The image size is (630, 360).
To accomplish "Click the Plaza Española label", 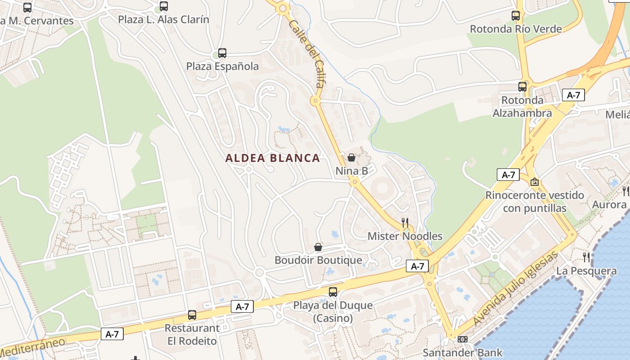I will (x=222, y=67).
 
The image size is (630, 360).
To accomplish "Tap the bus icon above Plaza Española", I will (x=222, y=53).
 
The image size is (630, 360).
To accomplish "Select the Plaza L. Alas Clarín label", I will (x=163, y=20).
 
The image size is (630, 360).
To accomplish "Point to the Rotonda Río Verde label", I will (x=516, y=29).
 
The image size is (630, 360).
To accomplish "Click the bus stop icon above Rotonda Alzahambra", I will (x=522, y=87).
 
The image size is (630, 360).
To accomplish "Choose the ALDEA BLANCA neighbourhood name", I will (x=273, y=158).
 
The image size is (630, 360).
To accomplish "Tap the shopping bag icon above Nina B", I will (x=351, y=157).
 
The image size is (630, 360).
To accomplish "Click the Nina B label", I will (x=351, y=171).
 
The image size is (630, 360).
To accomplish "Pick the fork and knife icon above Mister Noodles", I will (x=405, y=222).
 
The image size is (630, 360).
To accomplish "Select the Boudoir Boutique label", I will (x=318, y=260).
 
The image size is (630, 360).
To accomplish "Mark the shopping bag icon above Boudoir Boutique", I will (x=318, y=247).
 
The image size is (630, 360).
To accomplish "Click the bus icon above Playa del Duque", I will (x=333, y=292).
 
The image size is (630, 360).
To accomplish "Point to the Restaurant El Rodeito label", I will (x=192, y=334).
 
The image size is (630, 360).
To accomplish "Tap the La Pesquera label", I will (x=586, y=271).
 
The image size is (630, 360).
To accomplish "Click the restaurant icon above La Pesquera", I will (x=586, y=257).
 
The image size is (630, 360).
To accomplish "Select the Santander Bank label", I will (x=463, y=352).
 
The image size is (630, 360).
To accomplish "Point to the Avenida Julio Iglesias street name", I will (x=516, y=289).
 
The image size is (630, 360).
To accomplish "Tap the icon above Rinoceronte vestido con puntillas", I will (x=535, y=182).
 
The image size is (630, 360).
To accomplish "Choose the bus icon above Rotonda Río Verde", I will (x=516, y=16).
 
